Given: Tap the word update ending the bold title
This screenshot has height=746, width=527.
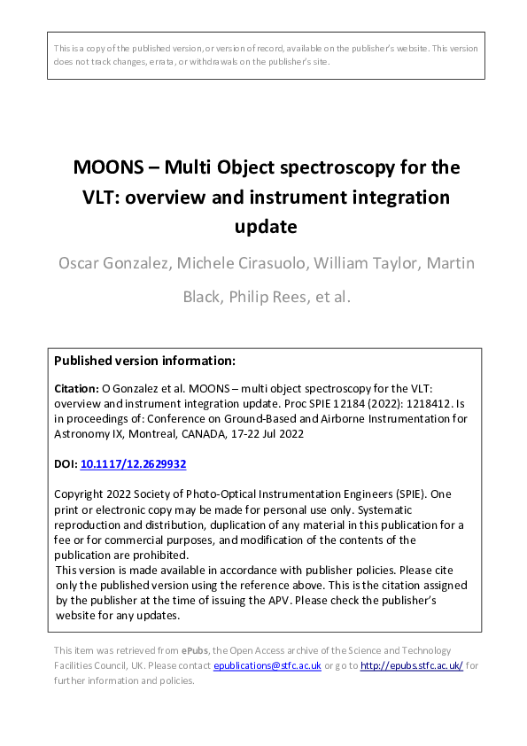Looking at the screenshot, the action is tap(265, 226).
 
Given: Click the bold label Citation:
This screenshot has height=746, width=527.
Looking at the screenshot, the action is tap(77, 388).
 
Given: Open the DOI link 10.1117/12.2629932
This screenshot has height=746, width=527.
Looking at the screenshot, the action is tap(134, 463).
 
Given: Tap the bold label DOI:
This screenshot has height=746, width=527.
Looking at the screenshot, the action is tap(66, 463).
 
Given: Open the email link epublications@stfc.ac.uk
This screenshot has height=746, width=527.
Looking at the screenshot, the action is tap(267, 665).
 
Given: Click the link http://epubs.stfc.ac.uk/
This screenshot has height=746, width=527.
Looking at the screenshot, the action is tap(410, 665).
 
